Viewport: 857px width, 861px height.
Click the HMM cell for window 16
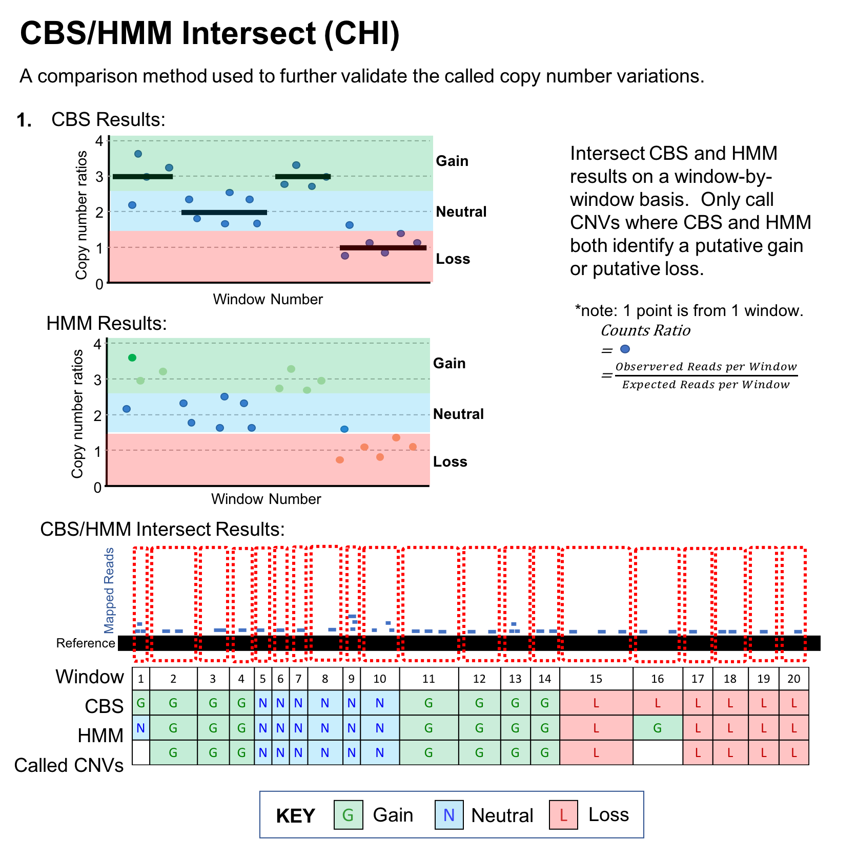coord(658,728)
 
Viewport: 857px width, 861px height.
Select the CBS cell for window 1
coord(140,703)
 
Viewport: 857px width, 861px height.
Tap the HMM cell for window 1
coord(140,728)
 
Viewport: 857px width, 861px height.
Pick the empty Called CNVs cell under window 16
coord(658,752)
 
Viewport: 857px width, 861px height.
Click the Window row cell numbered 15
coord(596,679)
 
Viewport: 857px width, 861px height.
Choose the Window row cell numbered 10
coord(379,679)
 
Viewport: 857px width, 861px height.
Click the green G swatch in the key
coord(348,815)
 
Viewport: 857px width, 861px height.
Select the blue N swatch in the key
coord(449,815)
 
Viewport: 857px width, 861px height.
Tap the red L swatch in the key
coord(563,815)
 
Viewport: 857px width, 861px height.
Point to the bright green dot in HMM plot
coord(132,358)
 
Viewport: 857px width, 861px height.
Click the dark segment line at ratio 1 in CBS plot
coord(383,248)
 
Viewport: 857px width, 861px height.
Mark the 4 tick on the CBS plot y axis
coord(99,140)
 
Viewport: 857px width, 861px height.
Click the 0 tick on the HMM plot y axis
coord(97,488)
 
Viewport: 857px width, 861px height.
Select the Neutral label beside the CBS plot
coord(461,212)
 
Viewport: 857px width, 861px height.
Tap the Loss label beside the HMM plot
coord(450,461)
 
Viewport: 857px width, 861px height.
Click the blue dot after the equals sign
coord(625,349)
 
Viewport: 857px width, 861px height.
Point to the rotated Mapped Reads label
coord(109,590)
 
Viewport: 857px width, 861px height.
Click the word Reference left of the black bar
coord(86,643)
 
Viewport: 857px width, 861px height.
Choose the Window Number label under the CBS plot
coord(268,299)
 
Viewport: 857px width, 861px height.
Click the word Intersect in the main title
coord(249,33)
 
